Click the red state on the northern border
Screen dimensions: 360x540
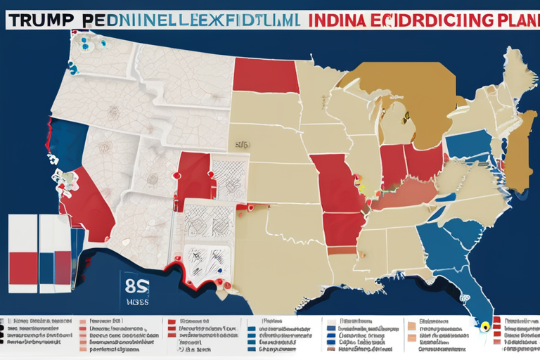pyautogui.click(x=264, y=75)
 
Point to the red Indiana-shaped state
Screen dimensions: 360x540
pyautogui.click(x=392, y=167)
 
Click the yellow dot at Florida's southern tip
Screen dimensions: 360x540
pyautogui.click(x=484, y=326)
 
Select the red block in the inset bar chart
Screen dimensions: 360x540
pyautogui.click(x=22, y=271)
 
